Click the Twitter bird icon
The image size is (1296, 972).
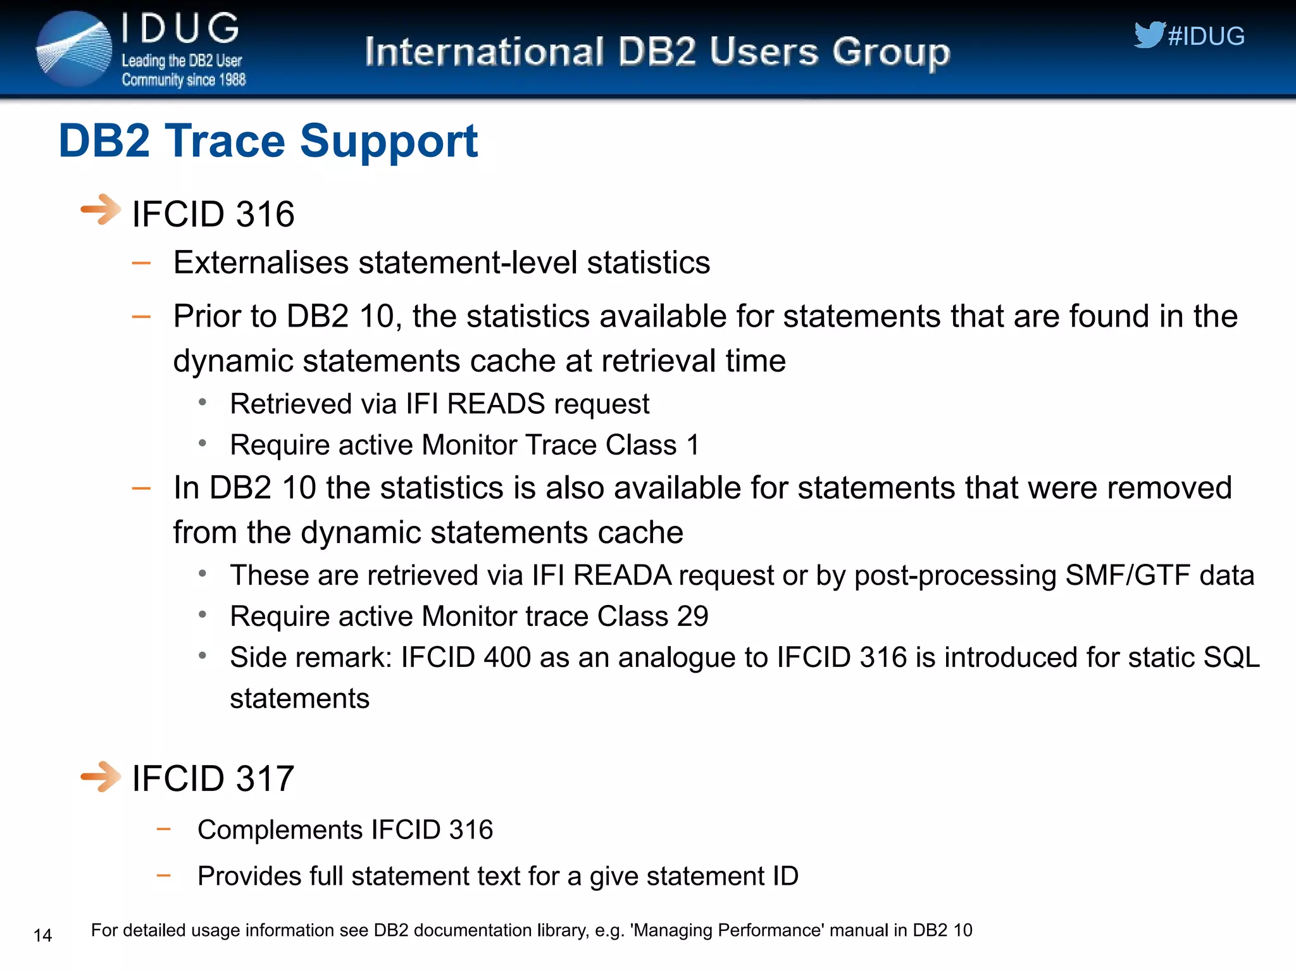click(x=1149, y=35)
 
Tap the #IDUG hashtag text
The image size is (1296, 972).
click(x=1206, y=36)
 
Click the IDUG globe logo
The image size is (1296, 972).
click(x=73, y=49)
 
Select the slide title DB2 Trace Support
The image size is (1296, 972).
click(x=268, y=140)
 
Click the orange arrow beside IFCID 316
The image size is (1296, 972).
click(x=100, y=210)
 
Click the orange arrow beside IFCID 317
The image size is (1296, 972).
click(x=100, y=776)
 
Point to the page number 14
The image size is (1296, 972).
click(x=42, y=935)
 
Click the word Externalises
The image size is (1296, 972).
click(x=261, y=263)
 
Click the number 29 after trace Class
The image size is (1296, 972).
click(x=692, y=616)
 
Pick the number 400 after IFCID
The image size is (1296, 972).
click(x=507, y=657)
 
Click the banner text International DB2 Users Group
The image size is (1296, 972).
click(x=657, y=52)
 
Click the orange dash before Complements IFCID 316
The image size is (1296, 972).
click(x=164, y=829)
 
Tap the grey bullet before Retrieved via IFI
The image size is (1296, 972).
click(x=202, y=402)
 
